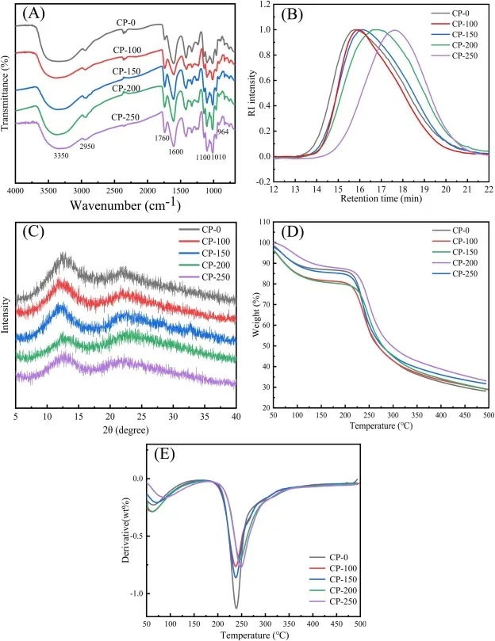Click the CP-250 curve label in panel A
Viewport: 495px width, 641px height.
point(127,117)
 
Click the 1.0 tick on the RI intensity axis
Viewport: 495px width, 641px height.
point(263,30)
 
